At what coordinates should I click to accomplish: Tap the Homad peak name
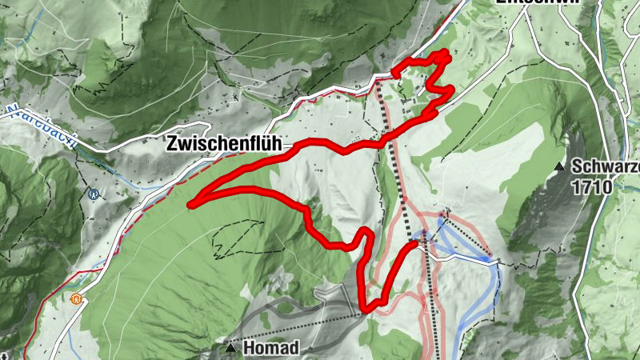[x=270, y=348]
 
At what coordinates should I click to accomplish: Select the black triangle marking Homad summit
[x=231, y=348]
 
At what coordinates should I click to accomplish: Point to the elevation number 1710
[x=592, y=188]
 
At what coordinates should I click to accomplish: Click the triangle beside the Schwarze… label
[x=559, y=167]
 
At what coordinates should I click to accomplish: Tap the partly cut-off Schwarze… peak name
[x=605, y=168]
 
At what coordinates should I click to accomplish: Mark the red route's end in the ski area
[x=416, y=242]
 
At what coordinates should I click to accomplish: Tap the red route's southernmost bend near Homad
[x=364, y=308]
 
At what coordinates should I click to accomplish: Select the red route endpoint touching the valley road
[x=395, y=74]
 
